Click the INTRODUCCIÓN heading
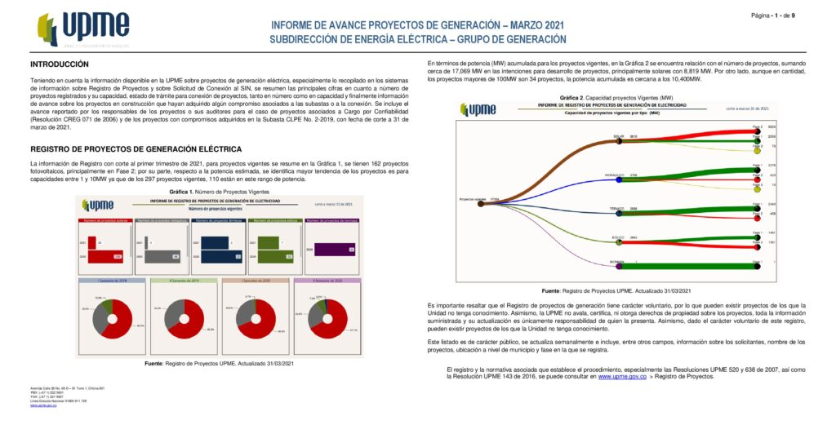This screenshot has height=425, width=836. click(x=60, y=64)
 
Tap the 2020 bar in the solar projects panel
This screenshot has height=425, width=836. click(x=105, y=255)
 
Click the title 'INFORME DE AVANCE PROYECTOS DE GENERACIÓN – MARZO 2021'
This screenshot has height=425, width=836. click(x=417, y=25)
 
